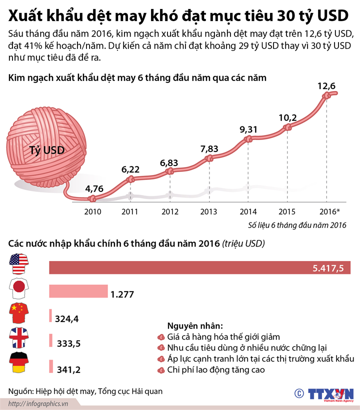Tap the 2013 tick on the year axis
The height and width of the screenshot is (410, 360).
tap(208, 211)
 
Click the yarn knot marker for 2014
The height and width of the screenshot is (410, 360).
tap(248, 140)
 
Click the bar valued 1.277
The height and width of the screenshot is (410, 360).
tap(78, 291)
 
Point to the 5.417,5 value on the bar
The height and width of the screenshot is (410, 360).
tap(328, 268)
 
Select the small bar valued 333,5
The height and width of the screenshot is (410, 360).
tap(51, 341)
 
